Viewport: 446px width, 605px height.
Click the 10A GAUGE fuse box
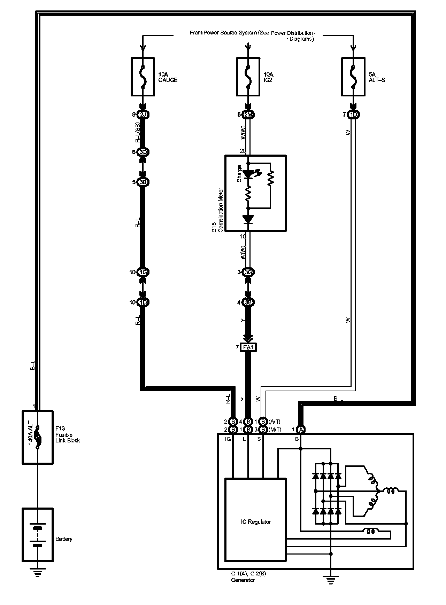coord(143,77)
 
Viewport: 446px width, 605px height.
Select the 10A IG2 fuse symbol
coord(248,77)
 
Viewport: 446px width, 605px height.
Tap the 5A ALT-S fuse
coord(353,77)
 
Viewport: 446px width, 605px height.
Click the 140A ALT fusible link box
coord(38,437)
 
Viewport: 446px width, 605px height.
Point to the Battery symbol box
coord(38,535)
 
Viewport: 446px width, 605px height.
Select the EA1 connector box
coord(248,347)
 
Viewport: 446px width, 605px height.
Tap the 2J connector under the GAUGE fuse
coord(143,115)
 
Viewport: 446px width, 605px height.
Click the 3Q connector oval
coord(143,152)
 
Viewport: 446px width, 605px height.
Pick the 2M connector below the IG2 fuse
coord(248,115)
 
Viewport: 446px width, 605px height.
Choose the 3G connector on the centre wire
coord(248,272)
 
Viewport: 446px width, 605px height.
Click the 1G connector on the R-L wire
coord(143,272)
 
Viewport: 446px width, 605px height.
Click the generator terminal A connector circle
coord(301,430)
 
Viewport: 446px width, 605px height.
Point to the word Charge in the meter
coord(239,173)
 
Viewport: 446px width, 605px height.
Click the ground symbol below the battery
coord(38,572)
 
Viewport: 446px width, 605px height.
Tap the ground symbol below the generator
coord(331,580)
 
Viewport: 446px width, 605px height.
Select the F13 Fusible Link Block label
coord(68,435)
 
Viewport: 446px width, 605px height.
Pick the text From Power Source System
coord(223,33)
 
